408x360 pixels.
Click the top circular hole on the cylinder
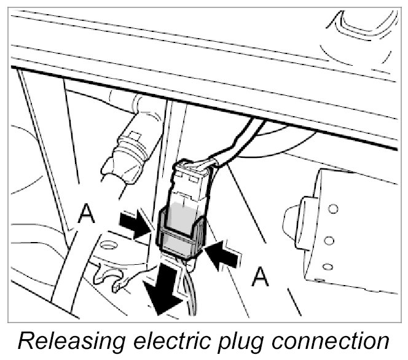click(x=333, y=209)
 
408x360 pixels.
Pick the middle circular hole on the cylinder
click(x=329, y=240)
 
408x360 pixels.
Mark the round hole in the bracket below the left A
click(x=110, y=246)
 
